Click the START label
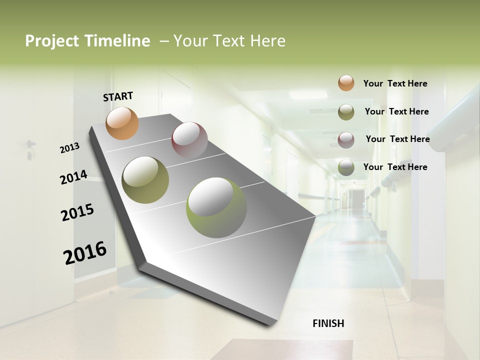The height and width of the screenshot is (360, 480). tap(118, 96)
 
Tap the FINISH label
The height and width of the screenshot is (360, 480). tap(328, 323)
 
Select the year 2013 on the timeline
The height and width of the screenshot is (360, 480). tap(70, 148)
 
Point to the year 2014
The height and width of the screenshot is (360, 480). tap(73, 177)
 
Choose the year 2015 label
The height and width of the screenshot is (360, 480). tap(77, 212)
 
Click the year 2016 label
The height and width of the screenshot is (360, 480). tap(85, 252)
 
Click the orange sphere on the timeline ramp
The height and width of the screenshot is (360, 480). tap(122, 123)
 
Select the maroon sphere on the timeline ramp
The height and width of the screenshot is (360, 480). tap(189, 140)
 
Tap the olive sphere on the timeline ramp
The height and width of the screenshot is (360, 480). tap(145, 180)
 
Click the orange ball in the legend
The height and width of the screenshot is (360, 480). tap(346, 83)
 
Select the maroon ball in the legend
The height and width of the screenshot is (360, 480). tap(346, 139)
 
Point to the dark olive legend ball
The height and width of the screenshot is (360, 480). tap(346, 111)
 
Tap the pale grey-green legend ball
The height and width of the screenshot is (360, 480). tap(346, 167)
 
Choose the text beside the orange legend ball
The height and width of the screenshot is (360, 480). tap(395, 83)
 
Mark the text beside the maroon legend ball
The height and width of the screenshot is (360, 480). tap(397, 139)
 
